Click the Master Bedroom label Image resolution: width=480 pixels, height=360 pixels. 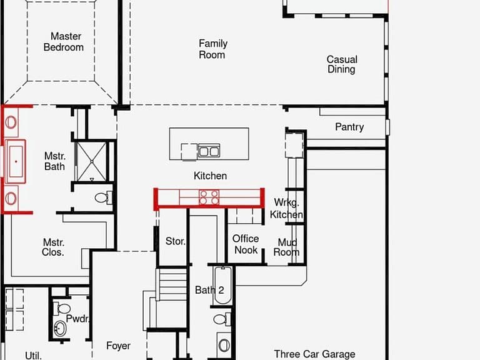(x=64, y=42)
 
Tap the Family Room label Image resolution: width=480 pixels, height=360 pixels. (x=212, y=49)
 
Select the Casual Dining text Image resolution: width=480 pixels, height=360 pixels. (x=342, y=64)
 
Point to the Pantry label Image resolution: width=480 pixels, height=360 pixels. (x=349, y=127)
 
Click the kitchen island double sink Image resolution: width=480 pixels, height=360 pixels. (x=209, y=151)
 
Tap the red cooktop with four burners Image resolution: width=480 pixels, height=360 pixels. (x=209, y=197)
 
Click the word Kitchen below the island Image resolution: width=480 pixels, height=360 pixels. (x=210, y=176)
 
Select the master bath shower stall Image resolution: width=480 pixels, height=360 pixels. (x=91, y=161)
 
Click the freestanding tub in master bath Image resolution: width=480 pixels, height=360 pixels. (x=16, y=161)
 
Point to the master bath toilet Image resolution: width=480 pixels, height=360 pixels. (x=103, y=197)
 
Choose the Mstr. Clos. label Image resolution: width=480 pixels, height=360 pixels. (x=53, y=247)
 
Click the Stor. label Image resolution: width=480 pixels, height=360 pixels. (x=176, y=241)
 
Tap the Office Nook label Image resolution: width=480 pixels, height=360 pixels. (x=246, y=244)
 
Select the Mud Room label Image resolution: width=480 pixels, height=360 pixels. (x=286, y=247)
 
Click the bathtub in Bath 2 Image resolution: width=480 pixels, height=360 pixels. (x=222, y=286)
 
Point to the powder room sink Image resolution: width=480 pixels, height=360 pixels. (x=60, y=329)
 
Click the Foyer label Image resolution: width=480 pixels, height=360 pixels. (x=118, y=346)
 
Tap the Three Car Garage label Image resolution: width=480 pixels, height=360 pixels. (x=314, y=354)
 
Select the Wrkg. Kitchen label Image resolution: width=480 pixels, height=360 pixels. (x=286, y=209)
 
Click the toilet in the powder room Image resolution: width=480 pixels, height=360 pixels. (x=62, y=308)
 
